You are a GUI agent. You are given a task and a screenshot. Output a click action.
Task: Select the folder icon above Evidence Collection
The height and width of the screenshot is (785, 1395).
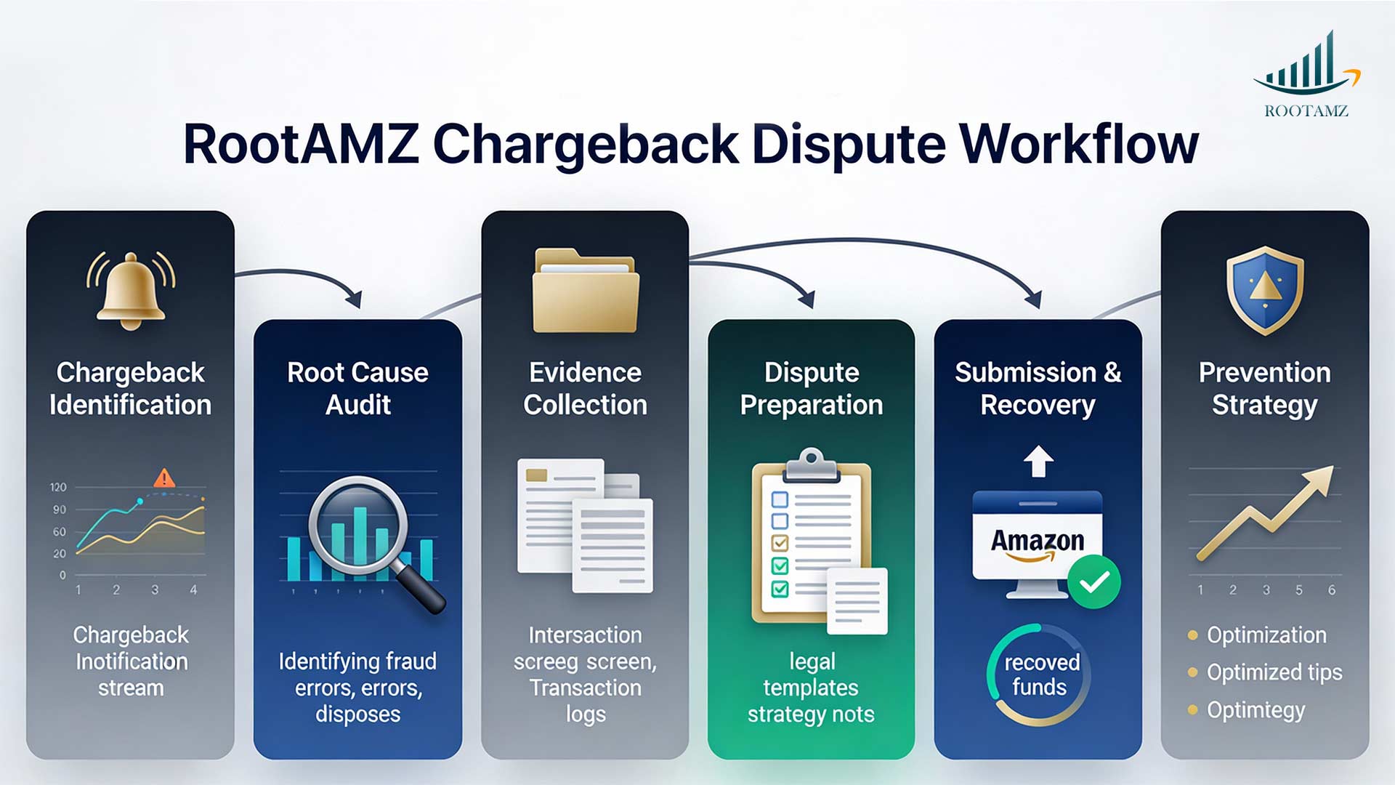(x=585, y=291)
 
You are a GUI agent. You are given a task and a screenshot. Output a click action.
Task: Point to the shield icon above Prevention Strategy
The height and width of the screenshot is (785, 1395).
(x=1265, y=289)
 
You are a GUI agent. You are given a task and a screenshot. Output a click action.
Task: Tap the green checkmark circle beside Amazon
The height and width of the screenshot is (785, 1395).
(x=1094, y=581)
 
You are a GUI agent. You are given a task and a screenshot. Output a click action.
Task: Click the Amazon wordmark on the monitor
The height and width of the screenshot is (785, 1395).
(x=1038, y=541)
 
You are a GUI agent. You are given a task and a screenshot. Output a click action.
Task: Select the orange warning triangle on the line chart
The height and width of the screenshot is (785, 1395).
(x=164, y=478)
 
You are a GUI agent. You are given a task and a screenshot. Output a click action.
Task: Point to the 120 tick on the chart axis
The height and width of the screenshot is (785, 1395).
(x=58, y=487)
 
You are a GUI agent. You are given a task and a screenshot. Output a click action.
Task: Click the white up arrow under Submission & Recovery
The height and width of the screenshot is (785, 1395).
(x=1038, y=461)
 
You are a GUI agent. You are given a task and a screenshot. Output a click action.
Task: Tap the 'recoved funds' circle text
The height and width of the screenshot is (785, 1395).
(x=1040, y=675)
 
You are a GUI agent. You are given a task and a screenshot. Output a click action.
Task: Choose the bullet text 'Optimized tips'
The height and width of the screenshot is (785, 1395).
(x=1274, y=672)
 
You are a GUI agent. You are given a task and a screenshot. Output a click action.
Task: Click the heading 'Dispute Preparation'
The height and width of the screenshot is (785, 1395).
(x=812, y=389)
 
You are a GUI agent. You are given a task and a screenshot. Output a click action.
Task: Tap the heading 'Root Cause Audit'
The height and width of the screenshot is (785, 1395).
(x=357, y=389)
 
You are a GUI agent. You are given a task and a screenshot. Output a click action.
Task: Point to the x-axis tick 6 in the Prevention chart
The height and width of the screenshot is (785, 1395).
(x=1332, y=590)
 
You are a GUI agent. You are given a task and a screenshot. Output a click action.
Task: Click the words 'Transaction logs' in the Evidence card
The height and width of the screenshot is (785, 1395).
(x=585, y=701)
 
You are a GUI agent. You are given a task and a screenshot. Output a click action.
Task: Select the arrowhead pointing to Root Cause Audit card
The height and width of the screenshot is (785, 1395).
(x=355, y=299)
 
